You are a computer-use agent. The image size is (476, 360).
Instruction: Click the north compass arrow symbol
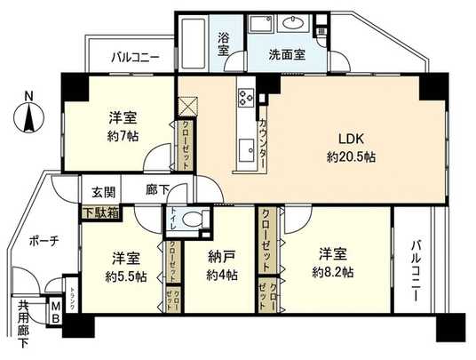coord(30,111)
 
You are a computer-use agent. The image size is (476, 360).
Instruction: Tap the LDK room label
coord(347,140)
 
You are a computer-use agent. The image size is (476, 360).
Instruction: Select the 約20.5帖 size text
coord(347,156)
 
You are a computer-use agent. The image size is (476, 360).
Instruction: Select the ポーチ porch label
coord(43,241)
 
